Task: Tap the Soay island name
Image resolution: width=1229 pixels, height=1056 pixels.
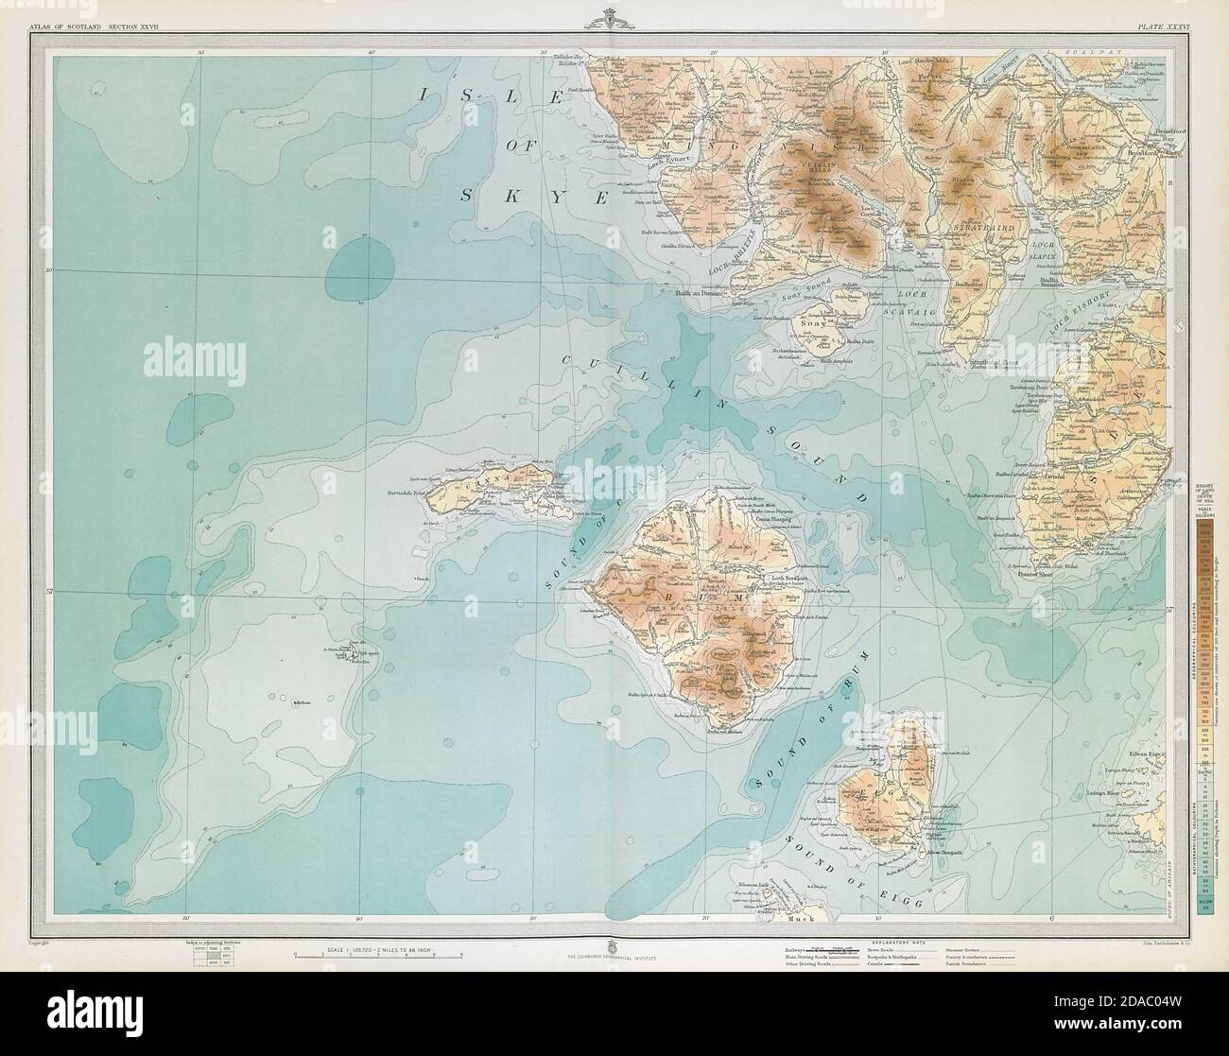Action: click(813, 322)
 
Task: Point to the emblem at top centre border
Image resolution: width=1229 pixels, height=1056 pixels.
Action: click(614, 13)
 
